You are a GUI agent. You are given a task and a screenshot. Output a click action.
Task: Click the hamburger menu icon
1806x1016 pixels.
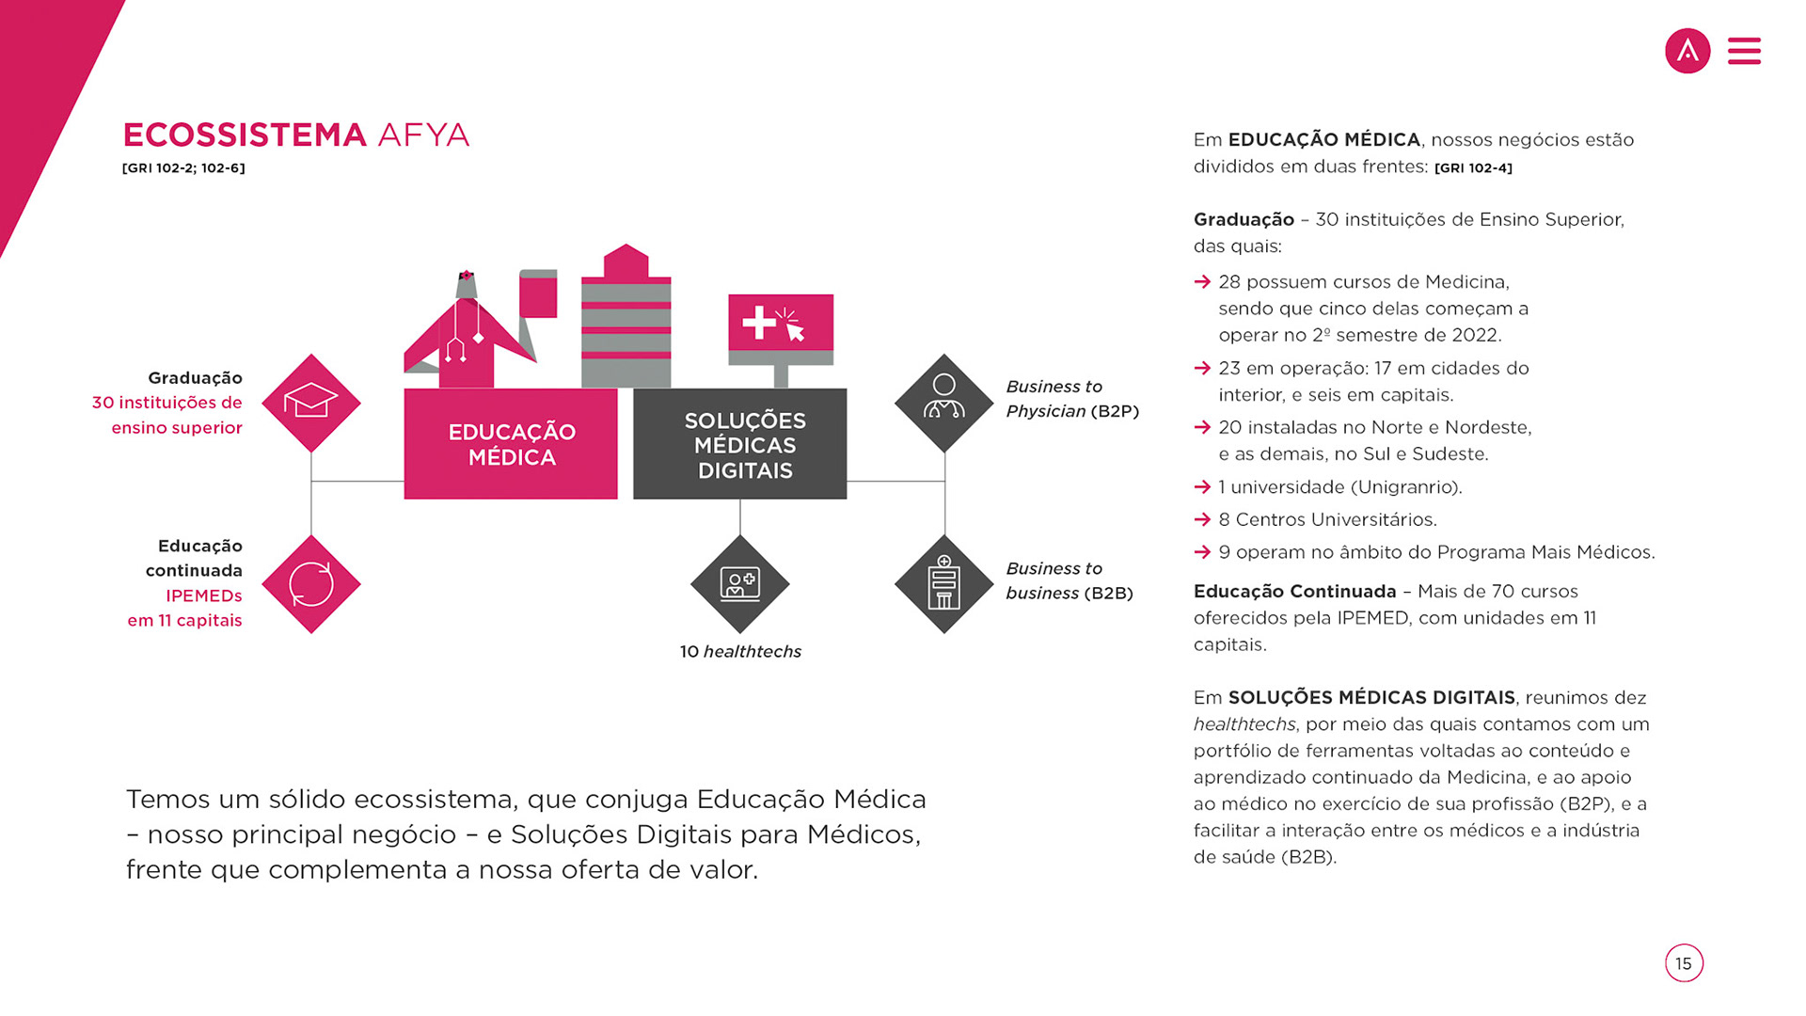pos(1744,51)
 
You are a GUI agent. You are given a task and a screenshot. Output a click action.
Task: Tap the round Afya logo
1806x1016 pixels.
pos(1687,51)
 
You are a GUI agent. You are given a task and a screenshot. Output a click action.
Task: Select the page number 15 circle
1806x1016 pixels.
pos(1684,963)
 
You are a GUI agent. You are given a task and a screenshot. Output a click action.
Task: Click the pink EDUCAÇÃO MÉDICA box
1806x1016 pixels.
pos(511,444)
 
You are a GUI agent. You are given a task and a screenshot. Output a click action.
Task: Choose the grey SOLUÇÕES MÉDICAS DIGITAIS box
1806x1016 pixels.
pos(740,444)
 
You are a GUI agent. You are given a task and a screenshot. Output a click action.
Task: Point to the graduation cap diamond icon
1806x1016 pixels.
pos(311,403)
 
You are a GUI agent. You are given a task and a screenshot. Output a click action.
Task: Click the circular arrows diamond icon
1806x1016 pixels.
pos(311,584)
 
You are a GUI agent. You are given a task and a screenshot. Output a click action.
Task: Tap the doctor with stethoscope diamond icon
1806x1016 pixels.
pos(944,403)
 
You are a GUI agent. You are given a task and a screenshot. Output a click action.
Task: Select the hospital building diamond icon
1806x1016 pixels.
pos(944,584)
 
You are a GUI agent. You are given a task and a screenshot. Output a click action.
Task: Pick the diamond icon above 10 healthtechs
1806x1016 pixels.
pos(740,584)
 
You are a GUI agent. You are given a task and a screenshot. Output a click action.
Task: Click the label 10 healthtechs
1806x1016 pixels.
pos(740,651)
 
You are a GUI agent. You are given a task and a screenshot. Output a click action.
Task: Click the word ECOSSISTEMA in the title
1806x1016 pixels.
pos(245,135)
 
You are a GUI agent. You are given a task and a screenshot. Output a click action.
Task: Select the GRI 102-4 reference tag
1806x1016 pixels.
pos(1473,168)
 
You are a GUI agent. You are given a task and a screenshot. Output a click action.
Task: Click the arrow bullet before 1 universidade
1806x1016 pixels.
pos(1202,486)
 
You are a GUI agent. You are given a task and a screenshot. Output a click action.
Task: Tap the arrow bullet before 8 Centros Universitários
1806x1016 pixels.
pos(1202,519)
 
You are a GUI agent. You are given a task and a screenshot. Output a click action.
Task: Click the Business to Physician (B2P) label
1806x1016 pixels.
pos(1072,399)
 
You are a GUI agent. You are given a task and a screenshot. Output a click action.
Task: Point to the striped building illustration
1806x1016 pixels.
pos(626,320)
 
